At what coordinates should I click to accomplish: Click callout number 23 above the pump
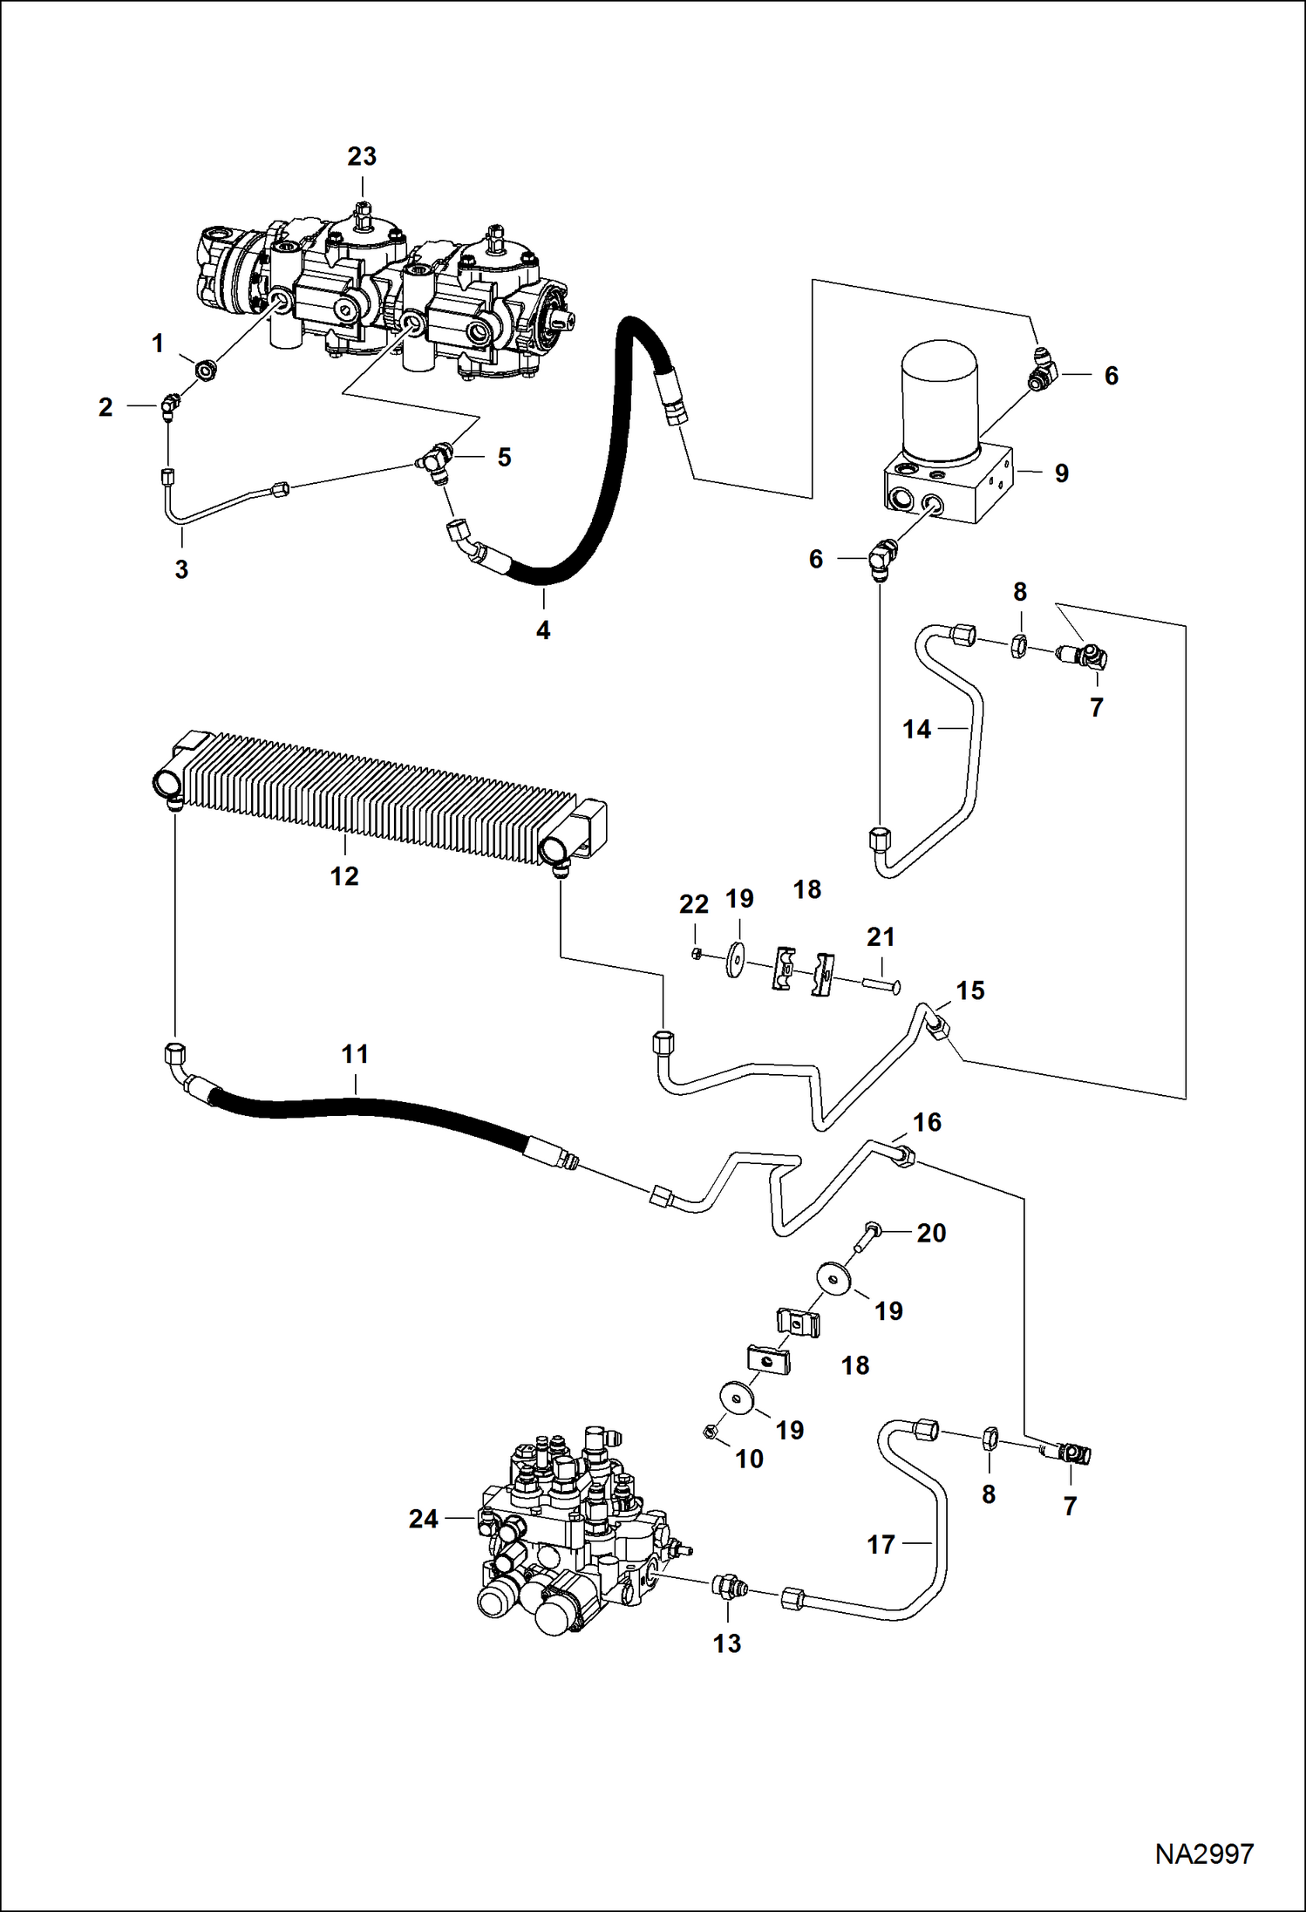click(x=362, y=156)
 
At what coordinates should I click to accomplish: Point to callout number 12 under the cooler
click(x=344, y=876)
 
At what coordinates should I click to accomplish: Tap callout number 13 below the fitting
click(x=727, y=1643)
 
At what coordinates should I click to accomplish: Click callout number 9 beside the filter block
click(x=1061, y=473)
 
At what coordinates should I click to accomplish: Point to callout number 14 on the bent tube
click(x=916, y=729)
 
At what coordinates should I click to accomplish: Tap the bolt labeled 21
click(x=881, y=984)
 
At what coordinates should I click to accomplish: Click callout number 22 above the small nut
click(x=694, y=905)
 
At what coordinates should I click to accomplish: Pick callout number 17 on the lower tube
click(x=881, y=1545)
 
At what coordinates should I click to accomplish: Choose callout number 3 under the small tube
click(x=181, y=569)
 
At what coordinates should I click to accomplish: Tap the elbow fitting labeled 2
click(x=169, y=404)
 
